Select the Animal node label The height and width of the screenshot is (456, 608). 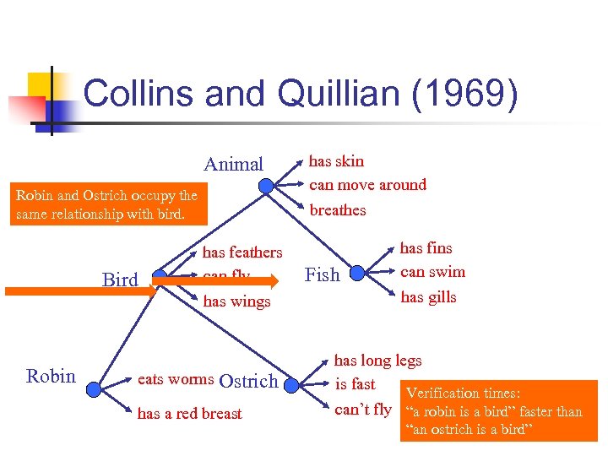click(234, 164)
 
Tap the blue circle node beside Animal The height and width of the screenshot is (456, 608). click(266, 186)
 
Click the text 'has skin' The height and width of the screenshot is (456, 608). click(336, 160)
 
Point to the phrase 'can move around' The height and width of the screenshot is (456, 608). click(367, 184)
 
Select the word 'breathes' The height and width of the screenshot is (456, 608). click(338, 209)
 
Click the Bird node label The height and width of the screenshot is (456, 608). click(119, 280)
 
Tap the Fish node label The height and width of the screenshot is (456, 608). click(322, 274)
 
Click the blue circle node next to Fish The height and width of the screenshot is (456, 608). click(356, 273)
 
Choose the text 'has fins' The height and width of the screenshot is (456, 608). click(426, 248)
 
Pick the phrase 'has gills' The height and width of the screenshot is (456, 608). click(428, 296)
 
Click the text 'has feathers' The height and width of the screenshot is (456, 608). click(242, 252)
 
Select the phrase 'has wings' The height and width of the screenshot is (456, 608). click(236, 301)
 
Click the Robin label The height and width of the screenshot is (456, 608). click(51, 376)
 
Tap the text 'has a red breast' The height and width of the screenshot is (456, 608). click(189, 413)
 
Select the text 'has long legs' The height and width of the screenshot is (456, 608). click(377, 361)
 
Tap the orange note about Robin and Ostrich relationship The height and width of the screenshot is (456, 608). click(106, 204)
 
